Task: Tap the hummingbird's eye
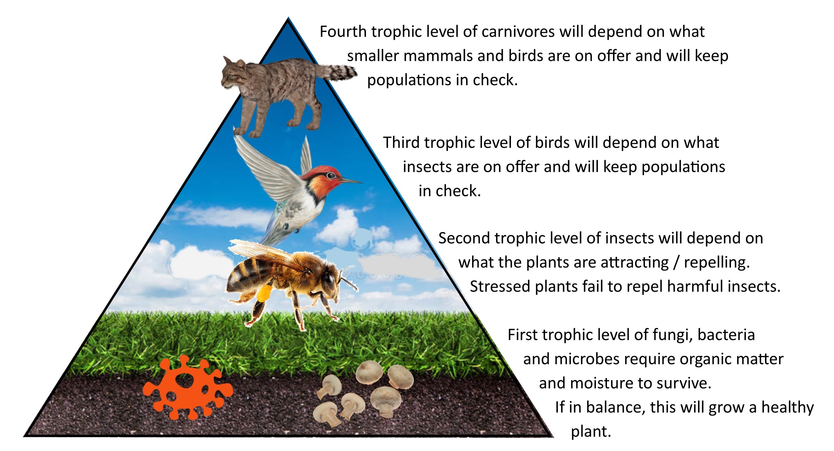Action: (331, 176)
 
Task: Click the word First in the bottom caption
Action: (522, 335)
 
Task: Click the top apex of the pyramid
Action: (288, 18)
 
